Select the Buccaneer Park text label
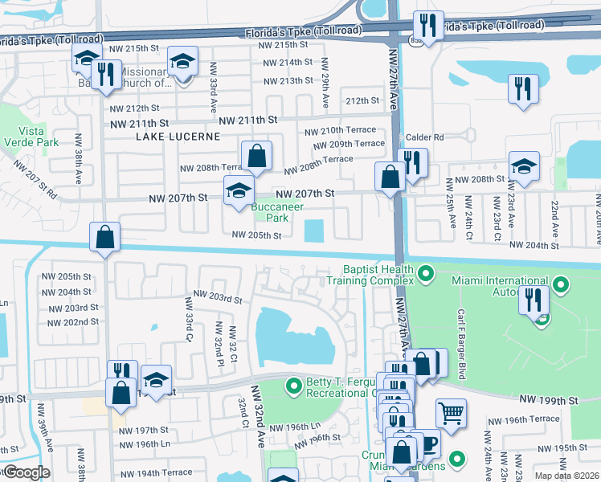click(x=270, y=212)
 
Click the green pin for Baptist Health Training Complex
click(x=425, y=275)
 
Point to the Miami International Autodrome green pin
click(x=561, y=285)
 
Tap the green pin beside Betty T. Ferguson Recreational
click(x=293, y=387)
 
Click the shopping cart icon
click(x=451, y=412)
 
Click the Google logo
click(x=27, y=472)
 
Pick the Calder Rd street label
click(x=425, y=137)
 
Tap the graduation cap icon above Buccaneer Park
click(x=238, y=191)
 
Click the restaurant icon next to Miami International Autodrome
click(x=533, y=300)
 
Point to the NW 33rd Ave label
click(x=214, y=83)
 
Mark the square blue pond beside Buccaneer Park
click(x=315, y=231)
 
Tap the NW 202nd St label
click(x=73, y=322)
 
